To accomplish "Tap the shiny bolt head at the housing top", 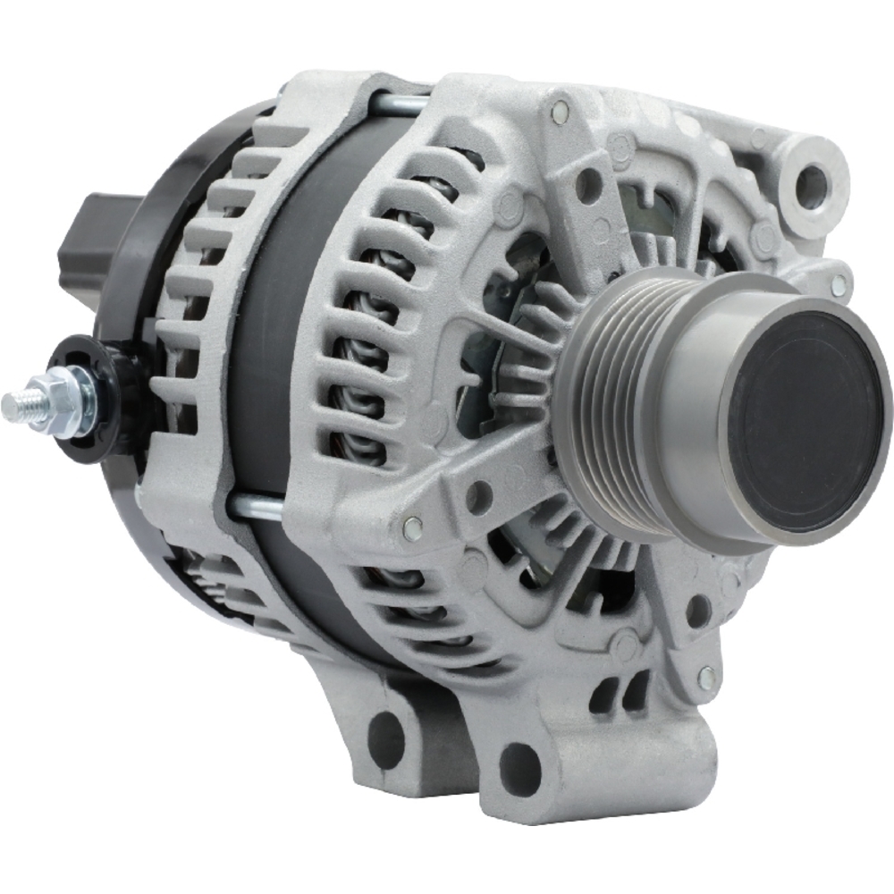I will pos(561,112).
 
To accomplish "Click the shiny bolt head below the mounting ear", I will pos(838,286).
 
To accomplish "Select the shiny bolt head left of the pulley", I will pos(412,527).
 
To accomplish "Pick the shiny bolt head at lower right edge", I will pos(707,678).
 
